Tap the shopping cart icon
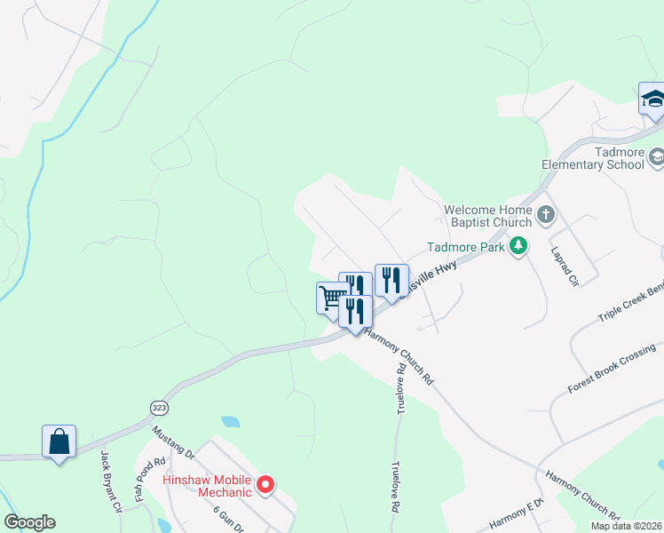coord(332,297)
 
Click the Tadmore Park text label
coord(465,247)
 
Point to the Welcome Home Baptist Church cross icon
coord(545,215)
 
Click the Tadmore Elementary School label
coord(593,158)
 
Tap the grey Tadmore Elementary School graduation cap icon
coord(656,158)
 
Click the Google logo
coord(29,522)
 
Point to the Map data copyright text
coord(626,526)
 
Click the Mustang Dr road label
coord(173,442)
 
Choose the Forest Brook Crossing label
coord(613,369)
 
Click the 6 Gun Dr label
coord(227,517)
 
